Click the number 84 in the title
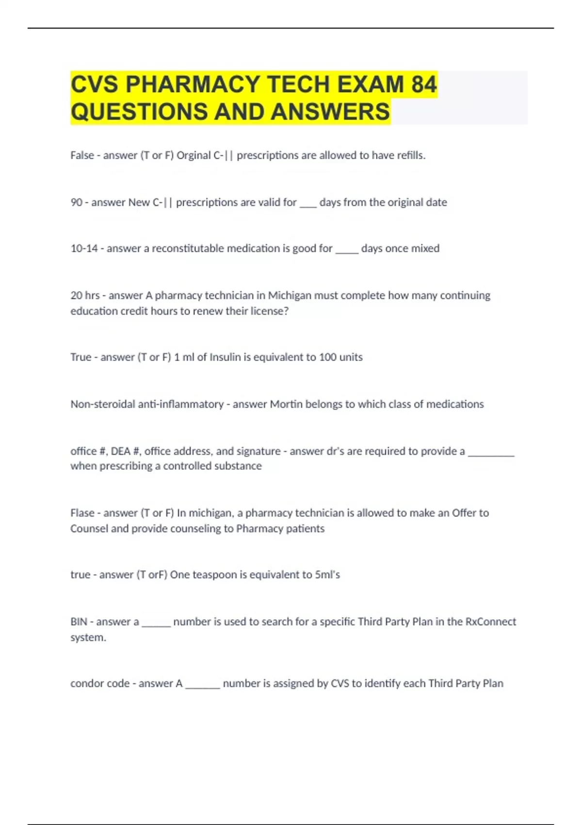[x=423, y=84]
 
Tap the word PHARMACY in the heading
[x=193, y=84]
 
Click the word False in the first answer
[x=82, y=155]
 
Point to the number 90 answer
[x=77, y=202]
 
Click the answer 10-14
[x=84, y=248]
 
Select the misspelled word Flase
[x=82, y=513]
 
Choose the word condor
[x=87, y=683]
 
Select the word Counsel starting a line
[x=89, y=528]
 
